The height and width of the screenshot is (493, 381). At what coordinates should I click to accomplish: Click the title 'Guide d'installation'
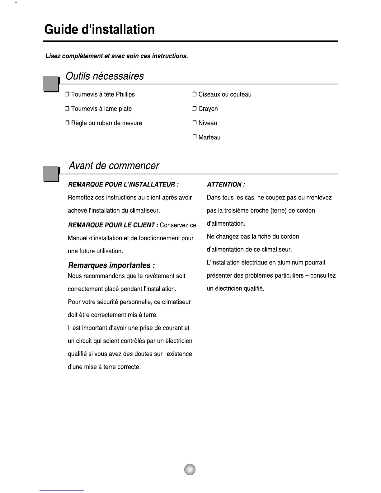tap(99, 30)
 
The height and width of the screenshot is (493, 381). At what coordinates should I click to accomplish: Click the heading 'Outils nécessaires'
tap(105, 76)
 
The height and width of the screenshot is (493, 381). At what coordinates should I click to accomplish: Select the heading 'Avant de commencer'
tap(114, 166)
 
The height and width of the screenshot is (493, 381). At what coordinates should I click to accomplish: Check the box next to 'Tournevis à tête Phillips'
tap(67, 95)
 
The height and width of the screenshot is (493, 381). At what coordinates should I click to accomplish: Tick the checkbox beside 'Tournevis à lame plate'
tap(67, 109)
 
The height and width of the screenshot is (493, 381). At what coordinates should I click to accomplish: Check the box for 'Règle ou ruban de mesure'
tap(67, 123)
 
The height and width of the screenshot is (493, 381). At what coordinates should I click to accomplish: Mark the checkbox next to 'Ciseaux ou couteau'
tap(194, 95)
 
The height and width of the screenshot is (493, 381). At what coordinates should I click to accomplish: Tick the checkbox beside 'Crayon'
tap(194, 109)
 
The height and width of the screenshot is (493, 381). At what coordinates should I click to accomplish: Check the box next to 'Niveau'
tap(194, 123)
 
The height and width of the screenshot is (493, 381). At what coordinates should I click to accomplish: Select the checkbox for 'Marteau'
tap(194, 138)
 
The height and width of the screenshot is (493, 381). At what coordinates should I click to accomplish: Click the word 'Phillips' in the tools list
tap(125, 95)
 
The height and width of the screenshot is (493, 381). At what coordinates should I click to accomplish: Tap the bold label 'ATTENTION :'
tap(226, 185)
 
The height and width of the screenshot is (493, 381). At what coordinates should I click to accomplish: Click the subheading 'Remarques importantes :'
tap(111, 265)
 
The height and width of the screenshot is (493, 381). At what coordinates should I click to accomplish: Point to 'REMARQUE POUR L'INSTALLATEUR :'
tap(123, 185)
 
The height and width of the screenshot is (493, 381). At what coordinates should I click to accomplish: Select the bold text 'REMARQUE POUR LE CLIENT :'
tap(113, 225)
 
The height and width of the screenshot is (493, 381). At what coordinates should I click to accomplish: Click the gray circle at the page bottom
tap(190, 469)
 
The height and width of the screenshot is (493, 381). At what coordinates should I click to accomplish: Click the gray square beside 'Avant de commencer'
tap(51, 174)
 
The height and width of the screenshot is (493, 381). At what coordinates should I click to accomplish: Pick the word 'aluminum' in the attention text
tap(290, 262)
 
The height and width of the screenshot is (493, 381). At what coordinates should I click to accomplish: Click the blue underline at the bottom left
tap(62, 490)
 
